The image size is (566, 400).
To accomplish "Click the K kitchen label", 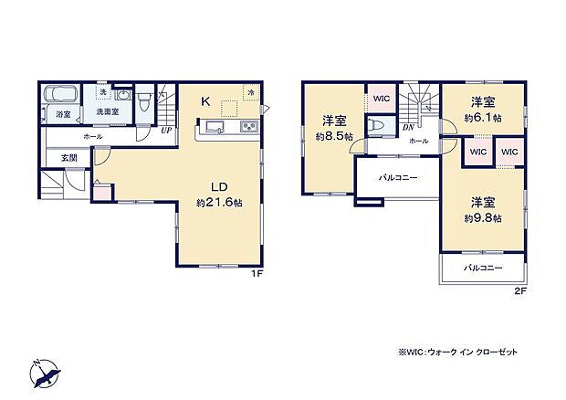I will (206, 101).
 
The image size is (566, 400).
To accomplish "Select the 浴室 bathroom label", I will (62, 114).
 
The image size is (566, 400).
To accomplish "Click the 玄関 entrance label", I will (68, 158).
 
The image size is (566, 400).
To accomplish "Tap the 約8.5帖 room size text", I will (333, 137).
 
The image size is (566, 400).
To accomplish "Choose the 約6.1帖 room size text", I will (483, 118).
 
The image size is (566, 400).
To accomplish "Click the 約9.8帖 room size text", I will (483, 218).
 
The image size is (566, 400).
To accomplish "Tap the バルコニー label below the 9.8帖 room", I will (483, 268).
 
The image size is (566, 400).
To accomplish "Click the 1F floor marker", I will (259, 273).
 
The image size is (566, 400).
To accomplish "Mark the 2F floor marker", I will (520, 291).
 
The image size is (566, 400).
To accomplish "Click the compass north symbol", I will (46, 374).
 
